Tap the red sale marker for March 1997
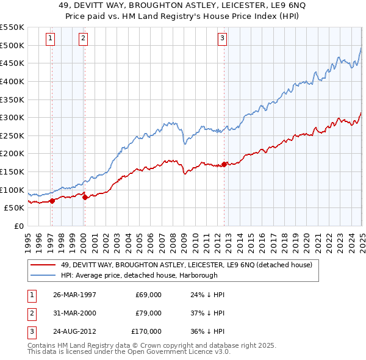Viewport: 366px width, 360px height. click(x=52, y=200)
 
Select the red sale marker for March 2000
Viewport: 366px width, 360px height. click(x=85, y=196)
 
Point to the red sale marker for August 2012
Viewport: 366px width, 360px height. click(x=224, y=164)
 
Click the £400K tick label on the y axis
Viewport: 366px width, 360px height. click(x=12, y=81)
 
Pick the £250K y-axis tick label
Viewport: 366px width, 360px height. click(x=12, y=135)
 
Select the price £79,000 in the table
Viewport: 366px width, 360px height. click(x=148, y=313)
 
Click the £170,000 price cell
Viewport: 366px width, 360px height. click(x=146, y=331)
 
